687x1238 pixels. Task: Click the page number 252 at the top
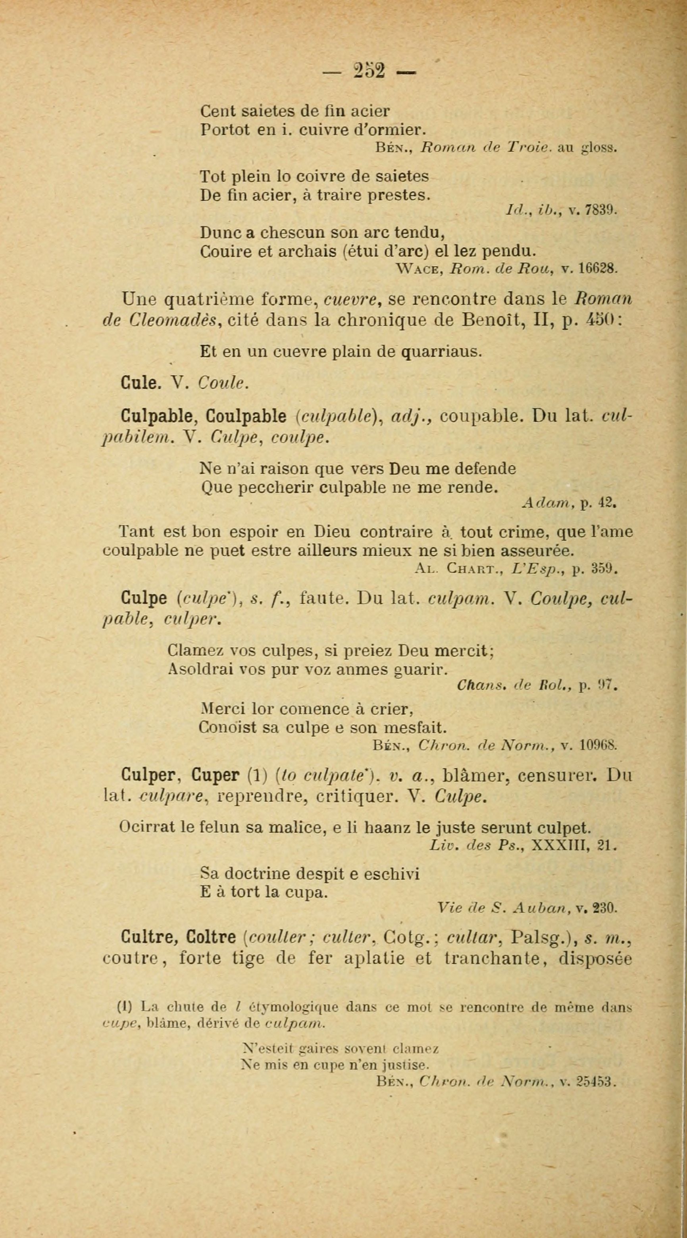(x=369, y=71)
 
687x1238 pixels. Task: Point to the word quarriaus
(x=441, y=352)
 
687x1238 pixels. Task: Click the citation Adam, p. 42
(x=569, y=504)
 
